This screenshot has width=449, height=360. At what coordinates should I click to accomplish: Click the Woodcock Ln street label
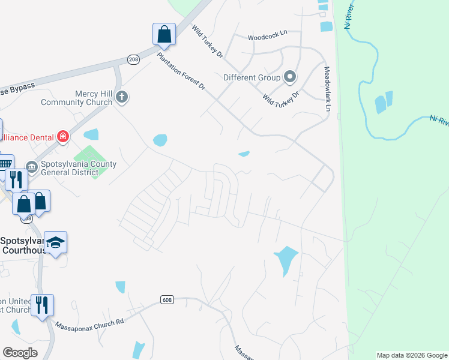268,37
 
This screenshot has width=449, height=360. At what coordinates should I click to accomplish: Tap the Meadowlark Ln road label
328,89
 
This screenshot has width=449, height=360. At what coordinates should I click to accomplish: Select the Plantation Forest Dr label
181,72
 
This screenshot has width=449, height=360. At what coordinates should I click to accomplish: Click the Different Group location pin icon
290,77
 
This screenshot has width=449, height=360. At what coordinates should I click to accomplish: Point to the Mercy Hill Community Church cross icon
122,97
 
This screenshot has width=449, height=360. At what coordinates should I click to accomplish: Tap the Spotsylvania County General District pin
31,166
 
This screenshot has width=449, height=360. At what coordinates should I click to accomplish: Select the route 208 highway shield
133,59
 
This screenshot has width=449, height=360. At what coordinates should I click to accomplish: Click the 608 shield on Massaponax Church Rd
167,299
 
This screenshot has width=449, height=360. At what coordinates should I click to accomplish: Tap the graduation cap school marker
55,242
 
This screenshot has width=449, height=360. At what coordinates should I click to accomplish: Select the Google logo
20,353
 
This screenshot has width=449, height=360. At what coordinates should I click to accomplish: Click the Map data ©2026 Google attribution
412,355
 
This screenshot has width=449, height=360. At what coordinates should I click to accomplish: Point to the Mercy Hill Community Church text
77,98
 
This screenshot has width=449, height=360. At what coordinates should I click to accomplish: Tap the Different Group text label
252,77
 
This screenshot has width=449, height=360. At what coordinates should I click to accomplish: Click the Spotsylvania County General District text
75,168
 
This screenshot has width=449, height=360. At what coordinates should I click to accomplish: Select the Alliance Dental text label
28,137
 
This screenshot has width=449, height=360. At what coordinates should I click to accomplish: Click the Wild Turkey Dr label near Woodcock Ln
208,41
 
